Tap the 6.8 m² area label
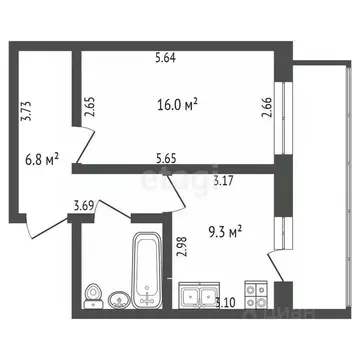point(41,158)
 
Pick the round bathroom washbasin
point(118,298)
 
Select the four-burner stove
point(254,294)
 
